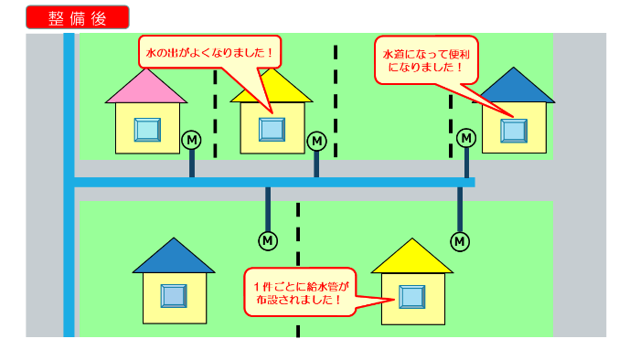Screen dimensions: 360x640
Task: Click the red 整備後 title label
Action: point(78,17)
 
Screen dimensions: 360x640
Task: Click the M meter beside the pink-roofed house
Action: point(191,140)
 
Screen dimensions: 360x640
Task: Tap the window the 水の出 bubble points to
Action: point(272,129)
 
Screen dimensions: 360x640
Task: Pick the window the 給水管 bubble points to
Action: point(411,296)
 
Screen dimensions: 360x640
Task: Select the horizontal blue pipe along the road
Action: point(274,183)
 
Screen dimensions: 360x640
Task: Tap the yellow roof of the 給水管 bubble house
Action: point(412,258)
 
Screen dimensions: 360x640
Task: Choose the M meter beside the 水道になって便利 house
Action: point(466,138)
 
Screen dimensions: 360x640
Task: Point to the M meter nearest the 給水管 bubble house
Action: point(460,240)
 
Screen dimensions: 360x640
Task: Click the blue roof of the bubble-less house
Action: point(173,257)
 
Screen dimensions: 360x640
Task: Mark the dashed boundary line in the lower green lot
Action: point(298,274)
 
